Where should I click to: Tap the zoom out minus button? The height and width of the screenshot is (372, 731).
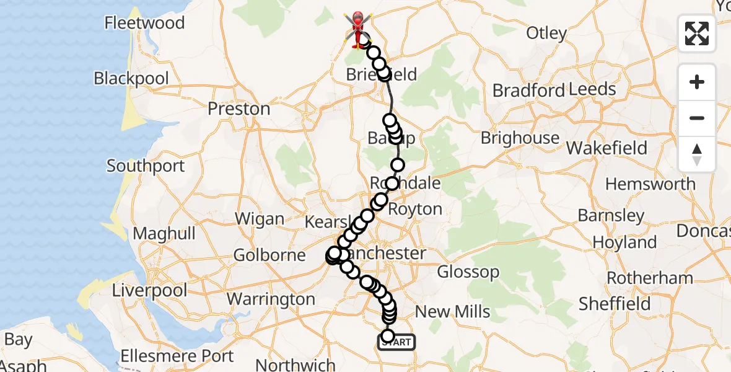point(697,118)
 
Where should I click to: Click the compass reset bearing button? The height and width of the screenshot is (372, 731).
point(697,154)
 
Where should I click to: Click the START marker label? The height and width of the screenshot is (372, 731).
point(396,342)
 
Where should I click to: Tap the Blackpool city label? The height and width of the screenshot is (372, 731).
point(131,79)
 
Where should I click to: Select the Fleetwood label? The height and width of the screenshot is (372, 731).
point(144,24)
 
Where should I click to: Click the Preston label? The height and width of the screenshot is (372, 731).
point(239,109)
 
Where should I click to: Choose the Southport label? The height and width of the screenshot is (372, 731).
point(146,166)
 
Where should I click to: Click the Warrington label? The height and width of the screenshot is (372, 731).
point(271,299)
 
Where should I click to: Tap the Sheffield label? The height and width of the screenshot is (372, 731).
point(615,304)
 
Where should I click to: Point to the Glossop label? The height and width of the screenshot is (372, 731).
point(468,272)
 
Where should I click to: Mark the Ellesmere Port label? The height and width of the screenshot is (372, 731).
point(177,356)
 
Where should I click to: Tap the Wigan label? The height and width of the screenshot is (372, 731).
point(260,219)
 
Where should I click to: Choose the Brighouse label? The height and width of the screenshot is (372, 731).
point(520,138)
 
